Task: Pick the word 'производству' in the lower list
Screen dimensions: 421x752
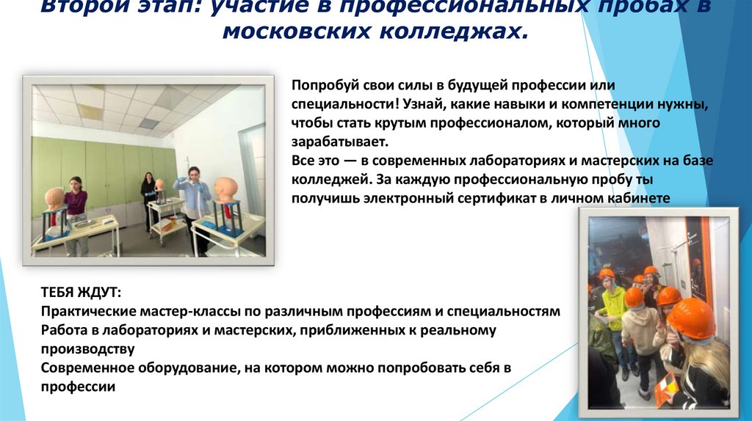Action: [88, 349]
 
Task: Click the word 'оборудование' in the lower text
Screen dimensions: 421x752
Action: [173, 367]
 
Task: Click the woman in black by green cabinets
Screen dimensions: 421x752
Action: [149, 198]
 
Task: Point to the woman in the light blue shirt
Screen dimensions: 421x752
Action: [195, 205]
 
